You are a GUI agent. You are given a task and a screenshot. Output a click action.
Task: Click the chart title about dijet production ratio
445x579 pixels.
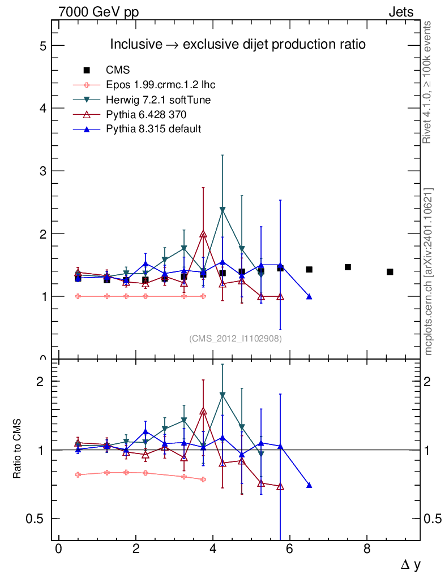click(x=238, y=44)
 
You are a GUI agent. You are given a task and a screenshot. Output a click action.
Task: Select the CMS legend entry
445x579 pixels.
click(x=118, y=70)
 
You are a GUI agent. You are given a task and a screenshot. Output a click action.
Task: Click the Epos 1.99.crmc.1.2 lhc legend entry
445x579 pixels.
click(x=160, y=85)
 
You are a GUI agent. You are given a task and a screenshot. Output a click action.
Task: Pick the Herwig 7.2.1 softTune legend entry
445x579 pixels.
click(x=158, y=100)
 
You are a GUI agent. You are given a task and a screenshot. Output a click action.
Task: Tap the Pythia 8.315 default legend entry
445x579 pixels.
click(x=153, y=129)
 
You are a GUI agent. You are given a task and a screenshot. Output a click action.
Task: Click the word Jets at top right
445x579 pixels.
click(x=400, y=12)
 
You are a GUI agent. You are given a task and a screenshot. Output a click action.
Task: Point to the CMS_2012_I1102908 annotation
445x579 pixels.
click(x=236, y=338)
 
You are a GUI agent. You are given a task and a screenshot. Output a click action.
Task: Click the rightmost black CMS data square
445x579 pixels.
click(x=390, y=272)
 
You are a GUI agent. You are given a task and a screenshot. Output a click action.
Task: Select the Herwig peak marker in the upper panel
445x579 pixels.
click(x=222, y=210)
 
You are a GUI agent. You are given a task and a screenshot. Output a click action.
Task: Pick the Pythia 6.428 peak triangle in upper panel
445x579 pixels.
click(x=203, y=234)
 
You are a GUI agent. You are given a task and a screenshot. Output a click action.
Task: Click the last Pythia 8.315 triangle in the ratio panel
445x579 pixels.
click(x=309, y=485)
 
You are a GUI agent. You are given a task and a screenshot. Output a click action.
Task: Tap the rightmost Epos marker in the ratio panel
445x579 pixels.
click(x=203, y=479)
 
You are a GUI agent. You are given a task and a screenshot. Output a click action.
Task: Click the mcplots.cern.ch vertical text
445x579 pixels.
click(x=429, y=271)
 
